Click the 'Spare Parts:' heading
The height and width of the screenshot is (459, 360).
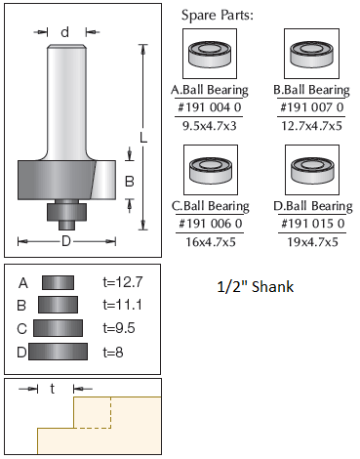pyautogui.click(x=217, y=15)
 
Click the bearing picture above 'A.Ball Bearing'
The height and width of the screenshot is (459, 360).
pyautogui.click(x=210, y=54)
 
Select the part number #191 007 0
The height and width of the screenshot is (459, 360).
pyautogui.click(x=311, y=107)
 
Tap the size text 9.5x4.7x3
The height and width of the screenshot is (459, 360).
pyautogui.click(x=210, y=126)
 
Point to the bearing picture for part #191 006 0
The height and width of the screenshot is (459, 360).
pyautogui.click(x=211, y=170)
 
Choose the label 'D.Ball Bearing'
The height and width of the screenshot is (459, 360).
pyautogui.click(x=313, y=206)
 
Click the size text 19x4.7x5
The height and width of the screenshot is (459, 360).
pyautogui.click(x=312, y=242)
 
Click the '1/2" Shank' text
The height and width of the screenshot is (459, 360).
pyautogui.click(x=256, y=287)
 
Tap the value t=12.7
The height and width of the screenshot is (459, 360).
pyautogui.click(x=123, y=282)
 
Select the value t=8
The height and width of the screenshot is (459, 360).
pyautogui.click(x=113, y=353)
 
